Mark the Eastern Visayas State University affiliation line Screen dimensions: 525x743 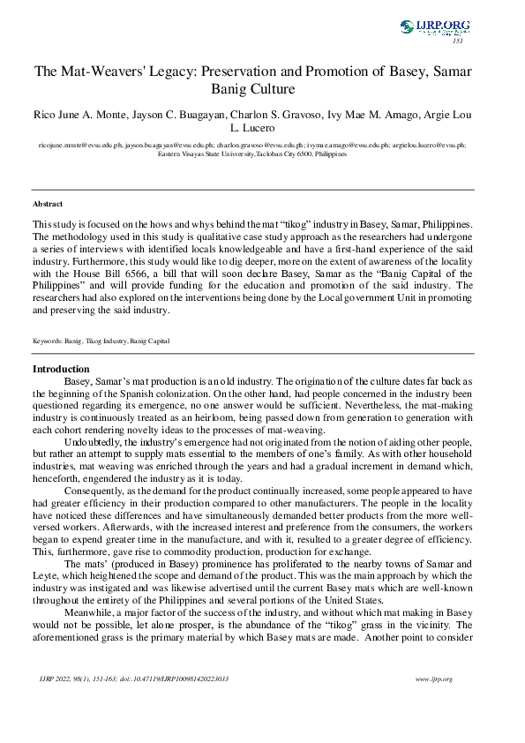(x=252, y=153)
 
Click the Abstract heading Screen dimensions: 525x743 (x=46, y=204)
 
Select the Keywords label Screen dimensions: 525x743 (x=47, y=341)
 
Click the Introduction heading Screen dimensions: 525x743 (x=61, y=369)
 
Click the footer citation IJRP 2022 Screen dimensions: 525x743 (x=56, y=678)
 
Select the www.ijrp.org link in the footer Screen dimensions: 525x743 (x=432, y=678)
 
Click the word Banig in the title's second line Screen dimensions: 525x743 (x=232, y=89)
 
